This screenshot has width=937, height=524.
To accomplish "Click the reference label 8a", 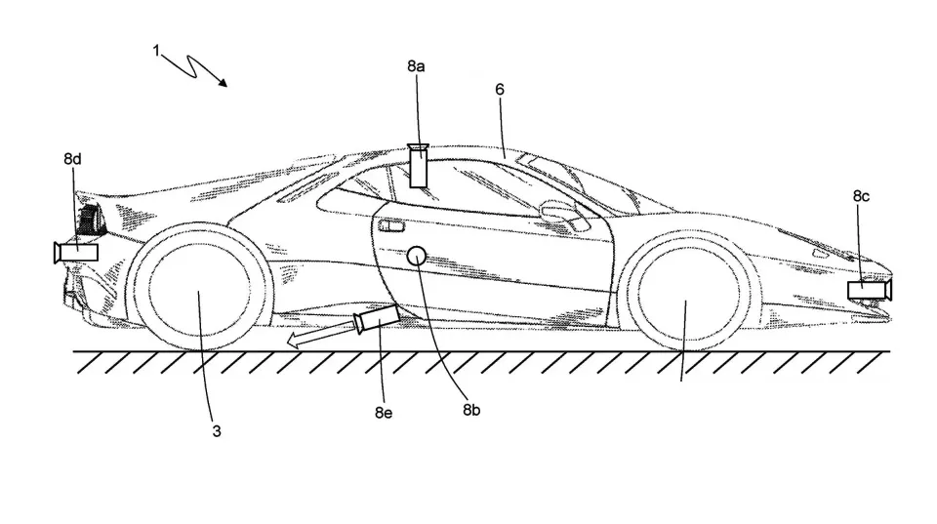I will point(416,67).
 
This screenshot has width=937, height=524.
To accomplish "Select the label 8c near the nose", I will point(860,196).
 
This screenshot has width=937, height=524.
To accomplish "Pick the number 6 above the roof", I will point(500,89).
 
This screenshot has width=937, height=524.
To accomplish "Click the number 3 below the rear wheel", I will point(216,430).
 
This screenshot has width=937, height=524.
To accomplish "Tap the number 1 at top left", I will point(156,50).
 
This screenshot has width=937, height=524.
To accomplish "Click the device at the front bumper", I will point(869,289).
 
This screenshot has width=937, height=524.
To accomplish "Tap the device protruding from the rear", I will point(76,252).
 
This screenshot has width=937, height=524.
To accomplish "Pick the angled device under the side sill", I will point(378,317).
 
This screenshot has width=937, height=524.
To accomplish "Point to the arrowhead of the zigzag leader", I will point(225,84).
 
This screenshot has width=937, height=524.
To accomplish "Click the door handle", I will point(392,226).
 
